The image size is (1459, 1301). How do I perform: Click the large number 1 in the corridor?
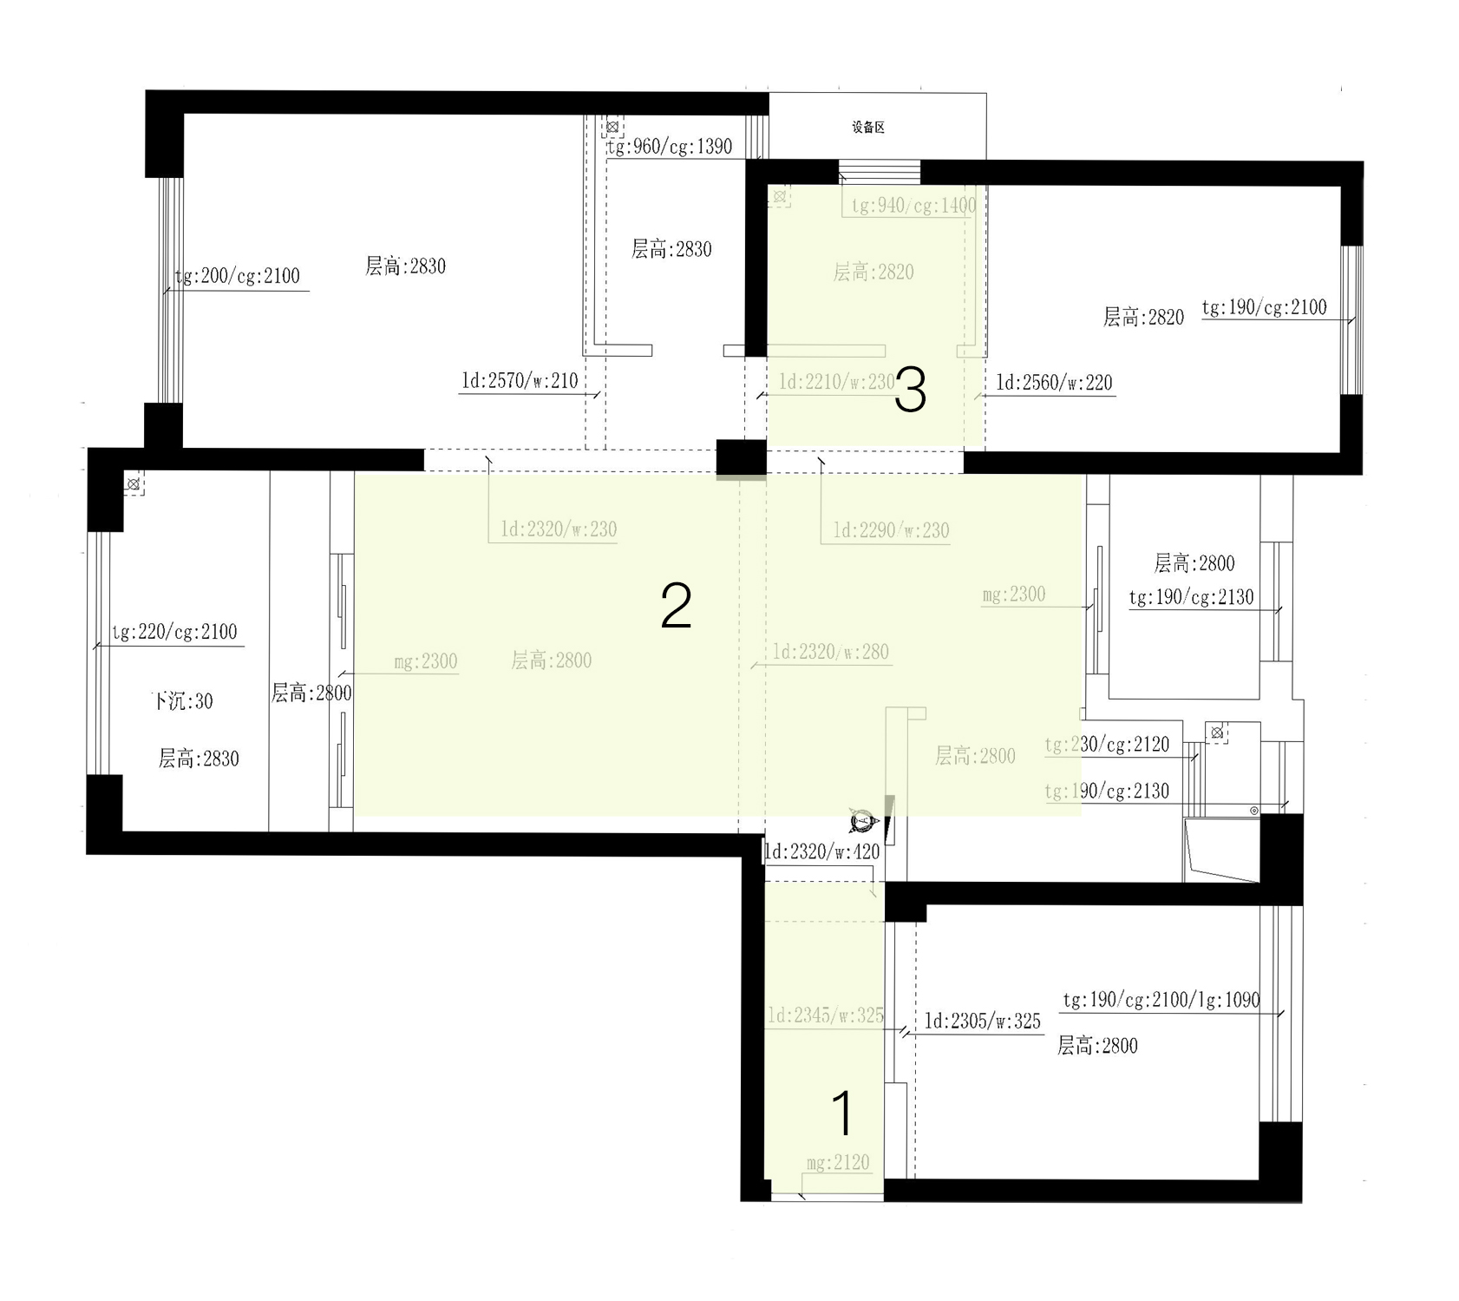pyautogui.click(x=842, y=1114)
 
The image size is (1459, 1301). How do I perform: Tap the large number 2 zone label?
pyautogui.click(x=676, y=606)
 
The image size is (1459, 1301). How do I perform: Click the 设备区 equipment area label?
pyautogui.click(x=868, y=128)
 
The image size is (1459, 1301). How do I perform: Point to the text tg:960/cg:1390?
pyautogui.click(x=670, y=147)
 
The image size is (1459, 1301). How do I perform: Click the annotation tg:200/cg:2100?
pyautogui.click(x=238, y=277)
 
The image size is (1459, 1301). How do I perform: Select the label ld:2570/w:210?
pyautogui.click(x=520, y=381)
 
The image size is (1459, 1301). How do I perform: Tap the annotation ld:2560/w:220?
pyautogui.click(x=1054, y=383)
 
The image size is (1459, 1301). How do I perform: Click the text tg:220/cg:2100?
pyautogui.click(x=174, y=632)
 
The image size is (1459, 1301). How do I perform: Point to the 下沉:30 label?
pyautogui.click(x=182, y=701)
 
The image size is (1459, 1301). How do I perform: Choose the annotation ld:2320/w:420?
pyautogui.click(x=821, y=852)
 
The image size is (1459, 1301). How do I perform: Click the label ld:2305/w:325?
pyautogui.click(x=982, y=1022)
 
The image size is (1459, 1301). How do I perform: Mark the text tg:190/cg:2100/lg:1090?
pyautogui.click(x=1161, y=1000)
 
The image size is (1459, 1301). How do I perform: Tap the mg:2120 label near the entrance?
pyautogui.click(x=837, y=1163)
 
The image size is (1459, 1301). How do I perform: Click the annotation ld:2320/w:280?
pyautogui.click(x=830, y=652)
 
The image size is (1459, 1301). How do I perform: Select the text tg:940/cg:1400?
pyautogui.click(x=913, y=206)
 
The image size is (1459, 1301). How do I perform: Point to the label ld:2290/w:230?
pyautogui.click(x=891, y=530)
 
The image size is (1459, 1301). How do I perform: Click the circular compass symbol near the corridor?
pyautogui.click(x=861, y=820)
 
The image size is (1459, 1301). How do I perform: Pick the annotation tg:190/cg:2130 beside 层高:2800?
pyautogui.click(x=1191, y=597)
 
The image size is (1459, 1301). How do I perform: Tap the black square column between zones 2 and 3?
pyautogui.click(x=741, y=458)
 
